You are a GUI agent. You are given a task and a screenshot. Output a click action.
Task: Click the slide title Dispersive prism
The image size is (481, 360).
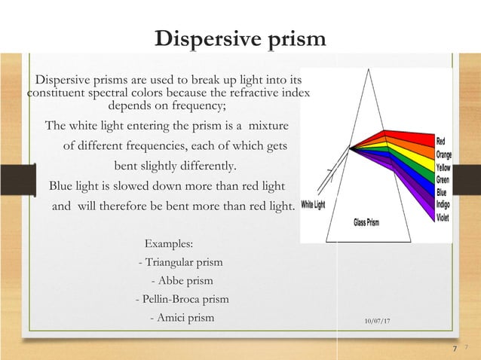point(240,38)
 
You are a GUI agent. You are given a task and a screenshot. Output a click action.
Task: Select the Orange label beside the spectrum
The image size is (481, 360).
point(444,154)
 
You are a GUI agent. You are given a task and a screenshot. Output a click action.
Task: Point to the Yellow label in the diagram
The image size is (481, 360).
point(443,167)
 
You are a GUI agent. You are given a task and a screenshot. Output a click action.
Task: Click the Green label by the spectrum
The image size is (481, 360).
point(443,180)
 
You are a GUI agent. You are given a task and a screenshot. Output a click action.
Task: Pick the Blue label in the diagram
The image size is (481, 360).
point(442,193)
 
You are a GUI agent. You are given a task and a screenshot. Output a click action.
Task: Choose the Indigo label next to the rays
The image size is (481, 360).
point(443,206)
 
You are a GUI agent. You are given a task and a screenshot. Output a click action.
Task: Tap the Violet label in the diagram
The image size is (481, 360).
point(443,218)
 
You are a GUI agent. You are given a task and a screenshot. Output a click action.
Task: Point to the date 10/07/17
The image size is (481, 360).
point(377,322)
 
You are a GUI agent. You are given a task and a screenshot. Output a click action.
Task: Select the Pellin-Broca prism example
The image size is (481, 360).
point(182,299)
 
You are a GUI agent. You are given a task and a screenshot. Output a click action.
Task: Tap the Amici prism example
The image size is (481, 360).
point(182,318)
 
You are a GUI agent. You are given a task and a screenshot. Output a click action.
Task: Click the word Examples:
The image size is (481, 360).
point(168,244)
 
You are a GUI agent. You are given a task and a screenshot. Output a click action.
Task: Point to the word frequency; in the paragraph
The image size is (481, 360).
point(199,106)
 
